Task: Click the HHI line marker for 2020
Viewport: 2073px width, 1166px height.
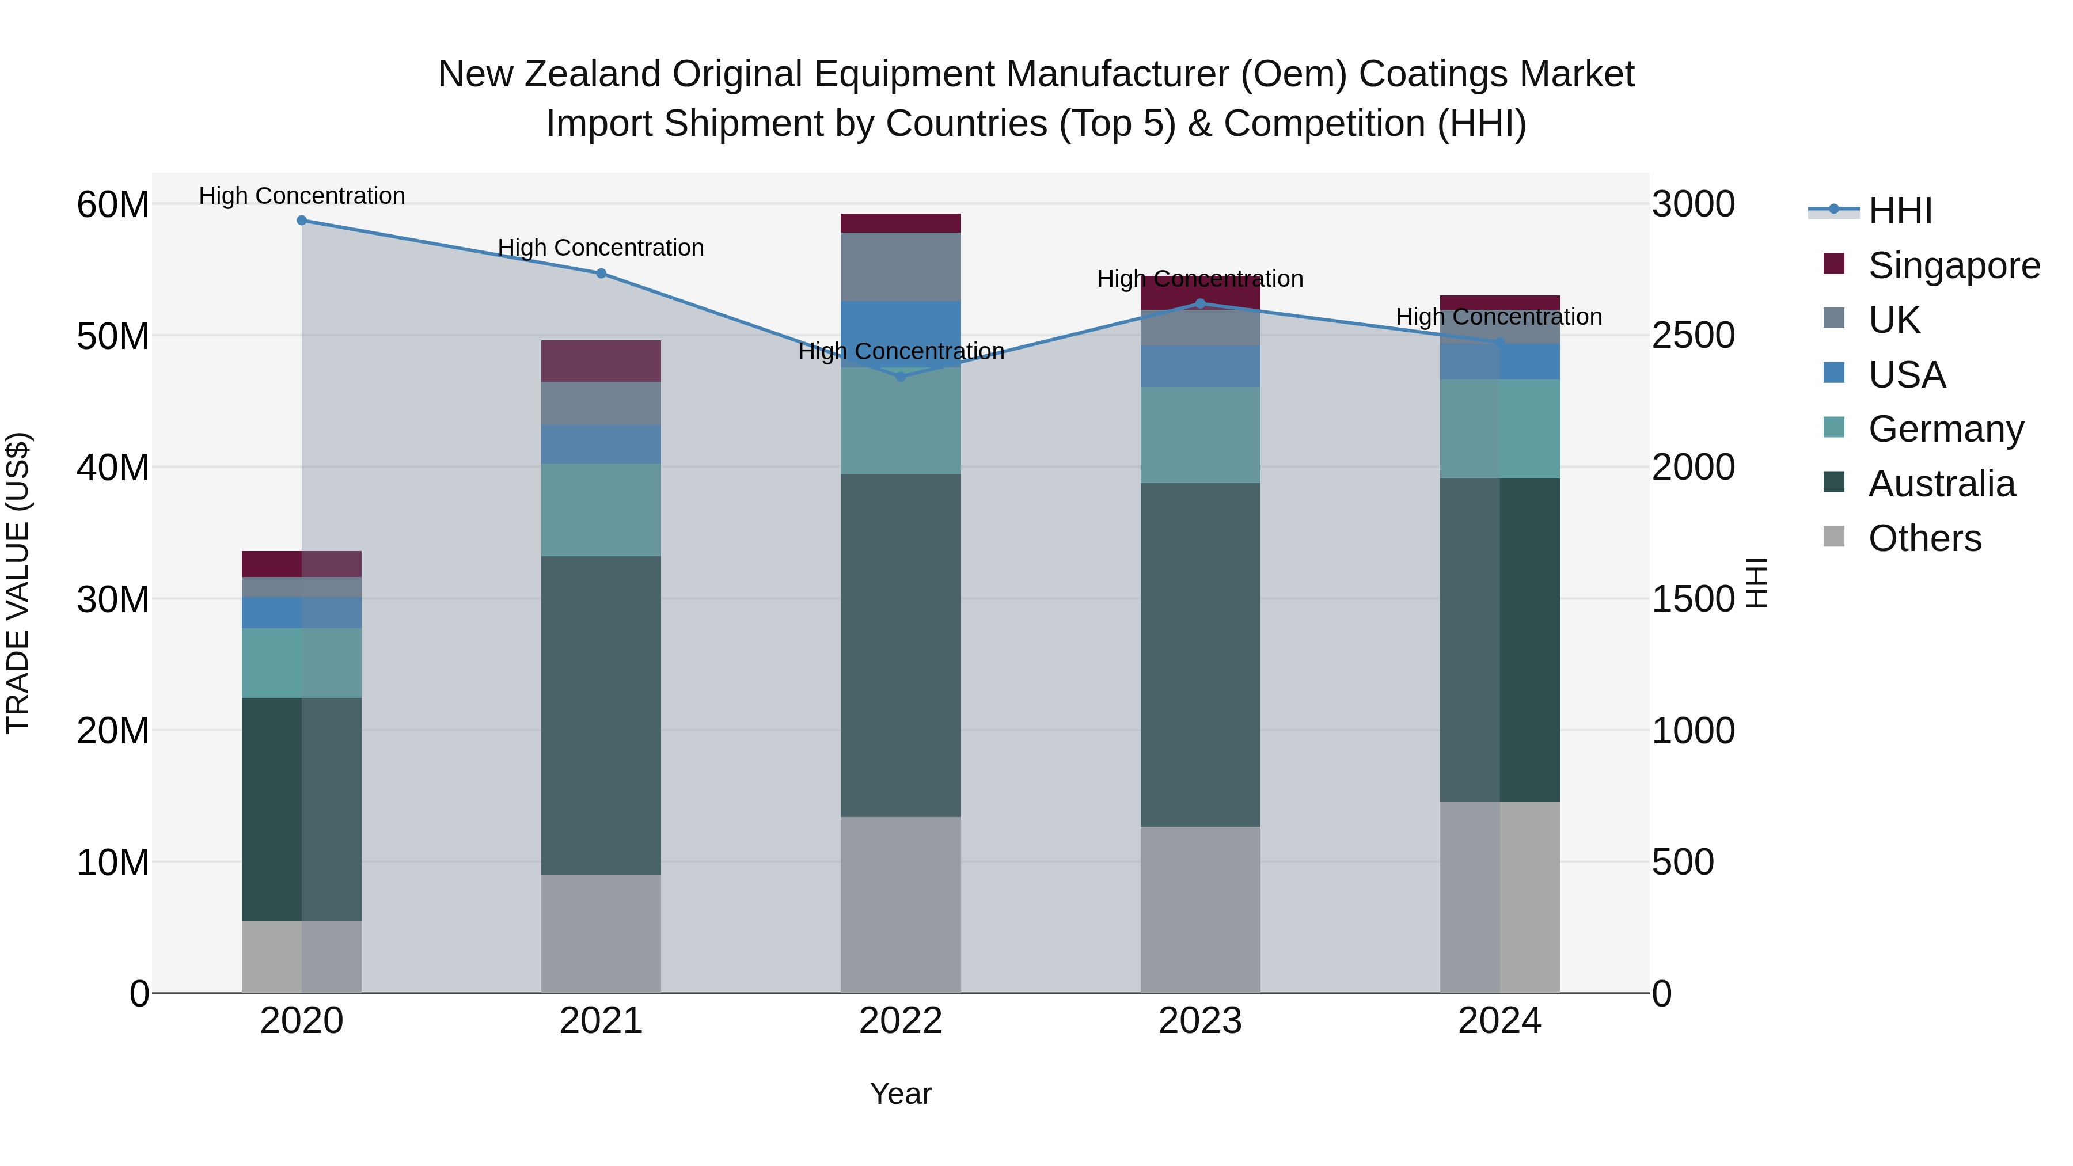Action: coord(302,221)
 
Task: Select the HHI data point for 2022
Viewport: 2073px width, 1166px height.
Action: coord(901,377)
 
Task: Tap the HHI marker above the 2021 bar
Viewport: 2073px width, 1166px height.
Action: coord(601,274)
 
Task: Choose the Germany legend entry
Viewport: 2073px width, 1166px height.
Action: coord(1945,429)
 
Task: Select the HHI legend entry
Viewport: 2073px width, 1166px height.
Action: coord(1899,211)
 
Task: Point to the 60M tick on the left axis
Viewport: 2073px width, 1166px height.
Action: coord(113,204)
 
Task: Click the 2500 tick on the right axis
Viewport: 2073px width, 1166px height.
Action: coord(1693,336)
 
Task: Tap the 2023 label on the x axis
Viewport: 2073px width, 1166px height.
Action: coord(1200,1021)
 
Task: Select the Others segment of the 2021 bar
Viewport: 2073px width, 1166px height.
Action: coord(601,933)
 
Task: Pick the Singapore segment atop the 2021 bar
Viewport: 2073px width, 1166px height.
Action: coord(601,360)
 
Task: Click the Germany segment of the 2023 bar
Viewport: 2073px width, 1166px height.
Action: coord(1200,435)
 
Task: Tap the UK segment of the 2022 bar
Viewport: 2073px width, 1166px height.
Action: coord(901,267)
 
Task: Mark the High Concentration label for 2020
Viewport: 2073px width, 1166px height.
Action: coord(302,196)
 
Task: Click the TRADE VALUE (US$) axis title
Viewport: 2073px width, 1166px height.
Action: coord(18,583)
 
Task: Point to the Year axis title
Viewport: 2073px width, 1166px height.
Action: coord(901,1093)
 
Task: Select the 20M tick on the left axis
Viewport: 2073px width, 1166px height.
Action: coord(113,731)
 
